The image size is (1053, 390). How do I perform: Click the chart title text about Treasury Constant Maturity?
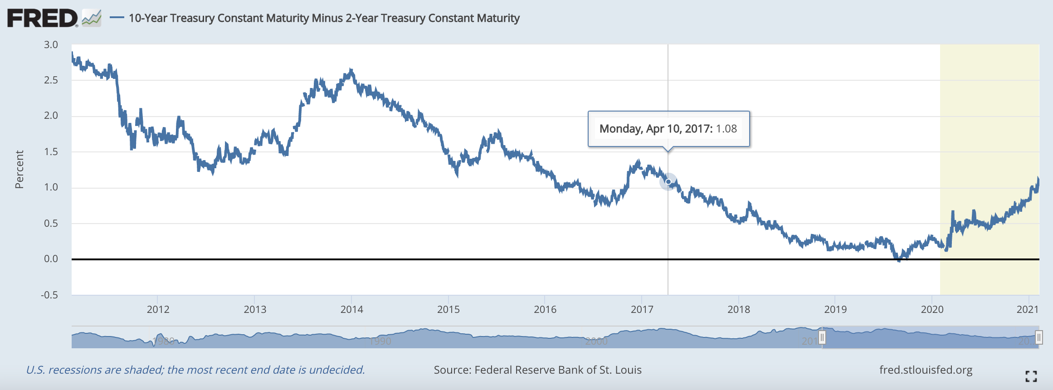pos(324,18)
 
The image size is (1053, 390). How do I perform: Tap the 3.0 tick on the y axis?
pos(51,44)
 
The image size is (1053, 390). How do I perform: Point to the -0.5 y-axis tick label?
pos(49,295)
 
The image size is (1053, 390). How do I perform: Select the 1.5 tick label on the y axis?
pos(51,151)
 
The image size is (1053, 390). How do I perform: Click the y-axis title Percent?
pos(19,170)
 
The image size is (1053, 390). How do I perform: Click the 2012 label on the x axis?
pos(158,309)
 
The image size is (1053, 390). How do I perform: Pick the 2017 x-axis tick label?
pos(642,309)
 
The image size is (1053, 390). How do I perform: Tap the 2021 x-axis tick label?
pos(1027,309)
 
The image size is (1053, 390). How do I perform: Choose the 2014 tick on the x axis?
pos(351,309)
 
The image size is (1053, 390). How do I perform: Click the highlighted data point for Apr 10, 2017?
pos(668,182)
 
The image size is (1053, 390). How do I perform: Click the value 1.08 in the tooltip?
pos(726,129)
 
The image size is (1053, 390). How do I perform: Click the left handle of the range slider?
pos(822,337)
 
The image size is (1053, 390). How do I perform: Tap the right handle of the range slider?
pos(1038,337)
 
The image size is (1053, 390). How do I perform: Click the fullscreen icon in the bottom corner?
pos(1031,376)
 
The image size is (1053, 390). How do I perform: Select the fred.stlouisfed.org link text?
pos(926,370)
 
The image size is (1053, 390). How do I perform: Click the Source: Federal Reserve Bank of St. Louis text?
pos(537,370)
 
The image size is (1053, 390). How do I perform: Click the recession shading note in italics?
pos(195,370)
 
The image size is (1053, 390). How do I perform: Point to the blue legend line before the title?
pos(117,18)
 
